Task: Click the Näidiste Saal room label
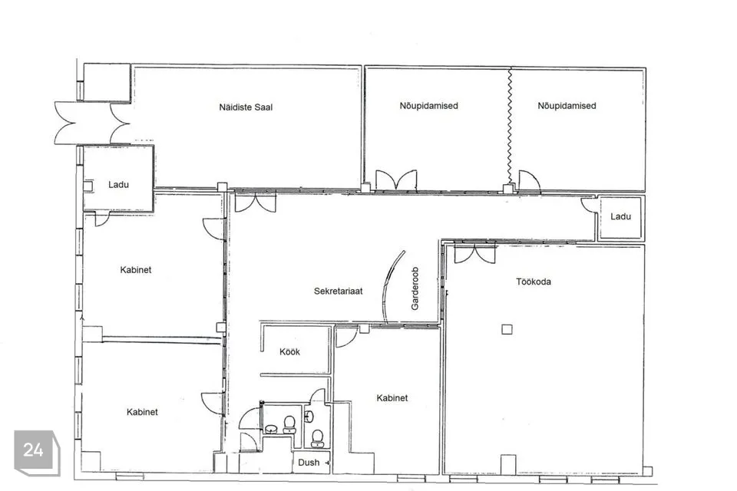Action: pyautogui.click(x=246, y=107)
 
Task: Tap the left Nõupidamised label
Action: pyautogui.click(x=428, y=106)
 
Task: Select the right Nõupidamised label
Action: pyautogui.click(x=567, y=106)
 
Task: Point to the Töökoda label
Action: pyautogui.click(x=533, y=282)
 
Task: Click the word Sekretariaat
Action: pyautogui.click(x=338, y=292)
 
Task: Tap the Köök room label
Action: pyautogui.click(x=289, y=352)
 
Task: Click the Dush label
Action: pyautogui.click(x=309, y=463)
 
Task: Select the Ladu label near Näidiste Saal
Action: pyautogui.click(x=118, y=185)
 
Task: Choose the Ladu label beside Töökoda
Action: pyautogui.click(x=620, y=217)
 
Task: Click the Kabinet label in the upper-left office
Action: pyautogui.click(x=135, y=270)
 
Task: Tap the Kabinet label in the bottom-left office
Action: pyautogui.click(x=142, y=412)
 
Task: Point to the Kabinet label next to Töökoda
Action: pyautogui.click(x=392, y=398)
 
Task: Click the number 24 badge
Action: pyautogui.click(x=33, y=450)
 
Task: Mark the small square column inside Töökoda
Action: pyautogui.click(x=506, y=329)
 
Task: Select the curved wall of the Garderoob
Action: pyautogui.click(x=393, y=288)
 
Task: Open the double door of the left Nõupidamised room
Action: pyautogui.click(x=396, y=182)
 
